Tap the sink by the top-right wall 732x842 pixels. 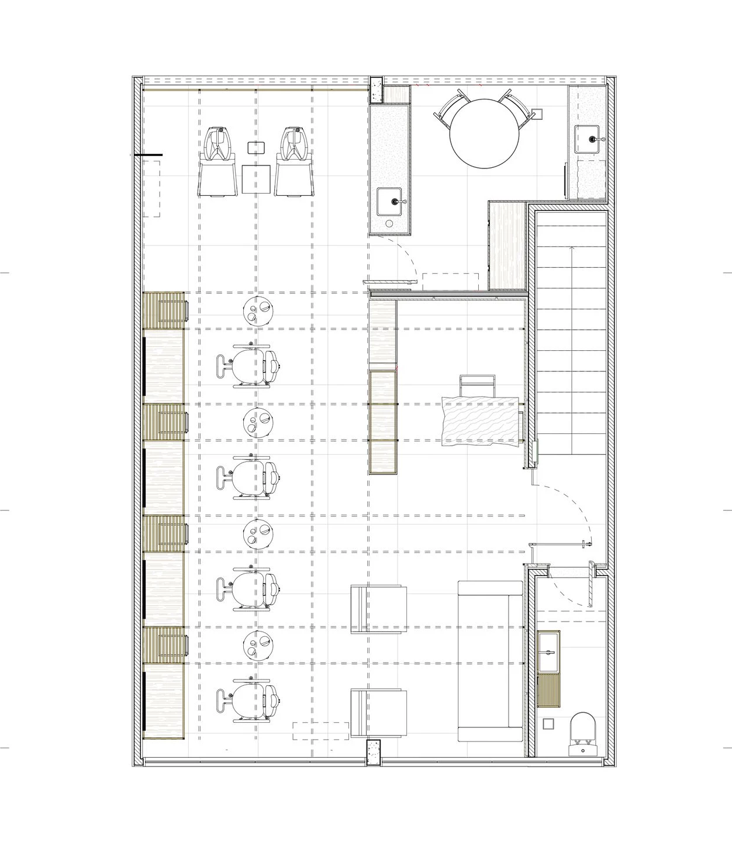[591, 139]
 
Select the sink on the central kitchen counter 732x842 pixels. [390, 202]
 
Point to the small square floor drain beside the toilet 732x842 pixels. [548, 724]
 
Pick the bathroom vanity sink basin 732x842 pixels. [548, 651]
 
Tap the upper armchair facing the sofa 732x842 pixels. [378, 609]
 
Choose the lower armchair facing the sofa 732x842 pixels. [378, 712]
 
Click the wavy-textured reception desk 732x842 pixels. [481, 420]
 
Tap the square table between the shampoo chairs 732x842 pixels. [256, 179]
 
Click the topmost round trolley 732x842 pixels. [258, 309]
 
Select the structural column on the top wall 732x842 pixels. [375, 89]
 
